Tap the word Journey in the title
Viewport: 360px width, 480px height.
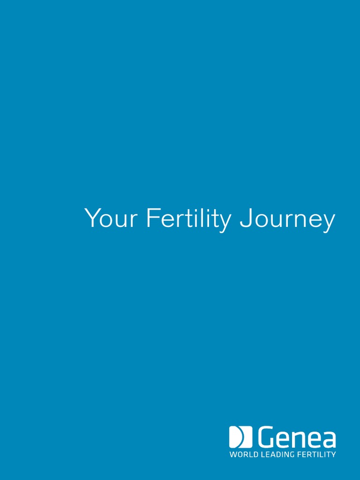[287, 220]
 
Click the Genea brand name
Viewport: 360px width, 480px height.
[297, 436]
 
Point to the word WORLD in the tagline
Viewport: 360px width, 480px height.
[244, 454]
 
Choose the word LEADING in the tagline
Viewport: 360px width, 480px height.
[277, 454]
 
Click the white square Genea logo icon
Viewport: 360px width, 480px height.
[240, 436]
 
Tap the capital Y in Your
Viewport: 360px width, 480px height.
[93, 217]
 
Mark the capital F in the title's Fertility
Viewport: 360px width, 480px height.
[153, 217]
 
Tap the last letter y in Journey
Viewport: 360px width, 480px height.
[329, 223]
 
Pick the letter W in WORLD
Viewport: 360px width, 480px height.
[233, 454]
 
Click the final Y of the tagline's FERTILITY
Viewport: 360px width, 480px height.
[333, 454]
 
